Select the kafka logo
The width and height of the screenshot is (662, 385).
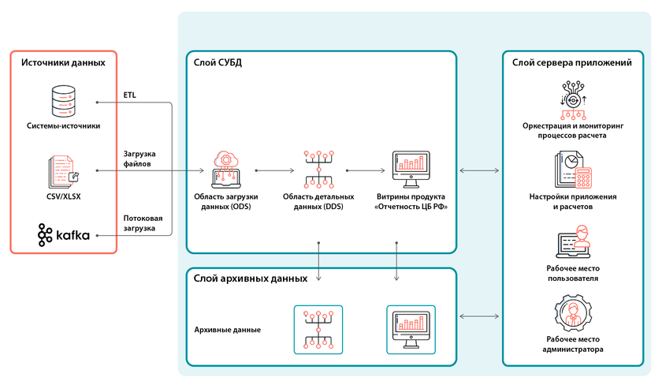(x=64, y=234)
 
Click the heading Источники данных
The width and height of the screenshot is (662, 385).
(x=63, y=62)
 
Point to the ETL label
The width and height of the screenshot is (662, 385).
(x=130, y=95)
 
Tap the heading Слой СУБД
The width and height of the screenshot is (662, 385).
(x=218, y=62)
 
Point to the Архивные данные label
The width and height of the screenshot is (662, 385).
(x=228, y=329)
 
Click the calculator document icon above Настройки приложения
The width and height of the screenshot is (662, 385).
(x=572, y=170)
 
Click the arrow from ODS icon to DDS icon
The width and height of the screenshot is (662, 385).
(x=268, y=169)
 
